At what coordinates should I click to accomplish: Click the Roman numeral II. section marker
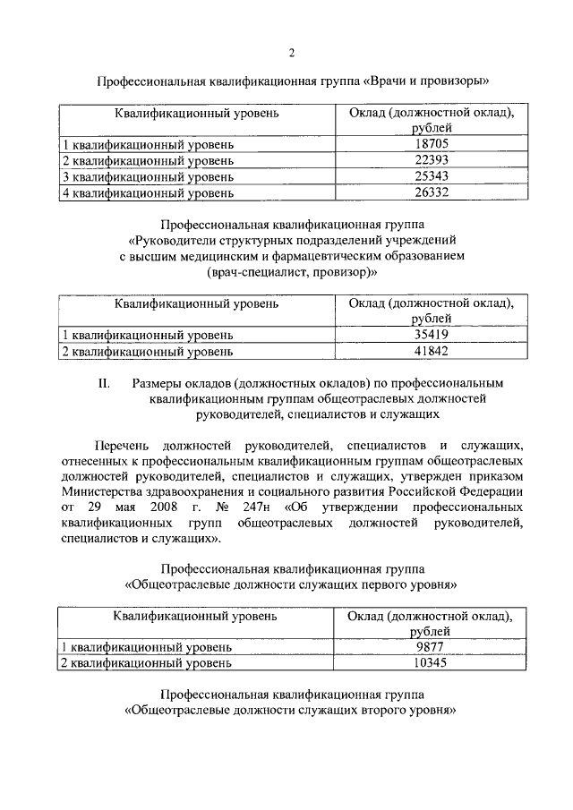coord(103,385)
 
